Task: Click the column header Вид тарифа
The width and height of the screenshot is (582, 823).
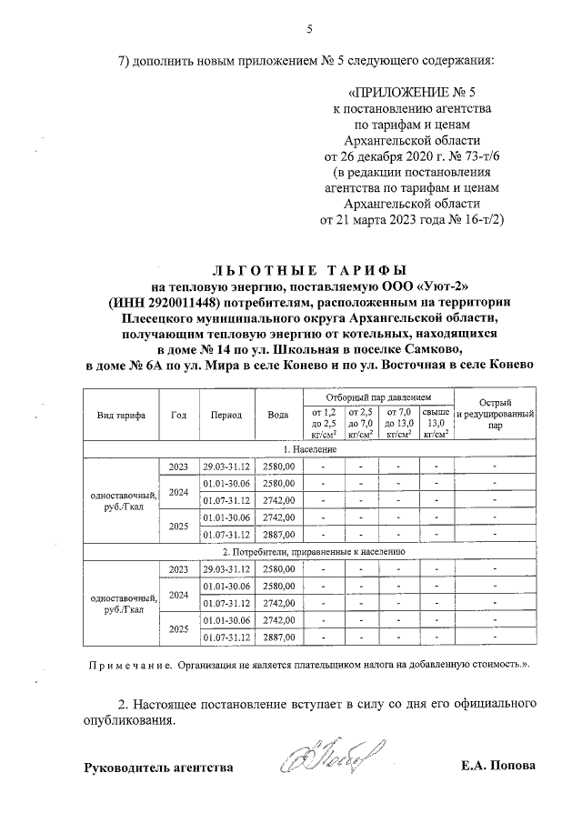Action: tap(121, 414)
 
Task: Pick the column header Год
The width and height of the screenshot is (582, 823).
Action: tap(178, 414)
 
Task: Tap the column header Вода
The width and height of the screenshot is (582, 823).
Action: tap(278, 414)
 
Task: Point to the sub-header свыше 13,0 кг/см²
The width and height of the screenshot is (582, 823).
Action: tap(436, 423)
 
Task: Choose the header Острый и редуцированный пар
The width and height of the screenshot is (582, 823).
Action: tap(495, 414)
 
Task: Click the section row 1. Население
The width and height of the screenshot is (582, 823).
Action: tap(309, 449)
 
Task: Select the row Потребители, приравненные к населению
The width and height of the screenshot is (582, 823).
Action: tap(309, 552)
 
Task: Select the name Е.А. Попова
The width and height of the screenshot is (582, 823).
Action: tap(498, 766)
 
